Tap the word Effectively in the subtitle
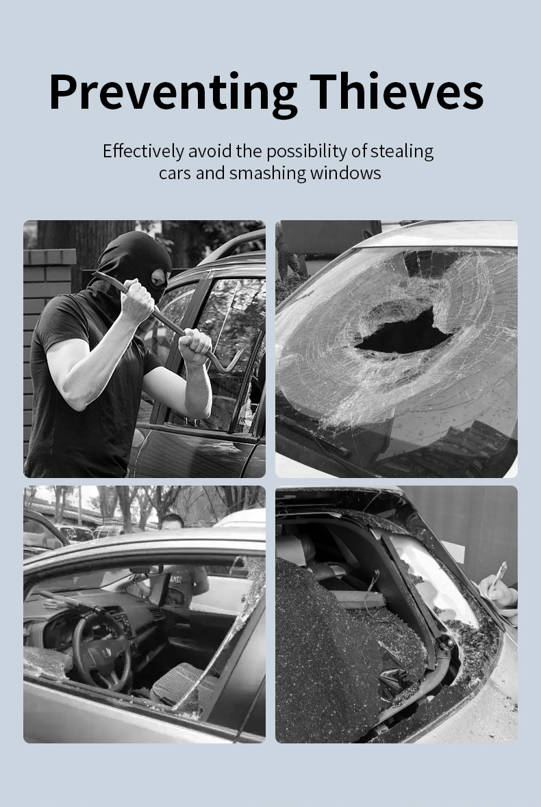[143, 151]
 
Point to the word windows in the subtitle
[345, 173]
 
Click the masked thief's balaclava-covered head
[135, 263]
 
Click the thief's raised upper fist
[138, 301]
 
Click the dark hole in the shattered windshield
[405, 331]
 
